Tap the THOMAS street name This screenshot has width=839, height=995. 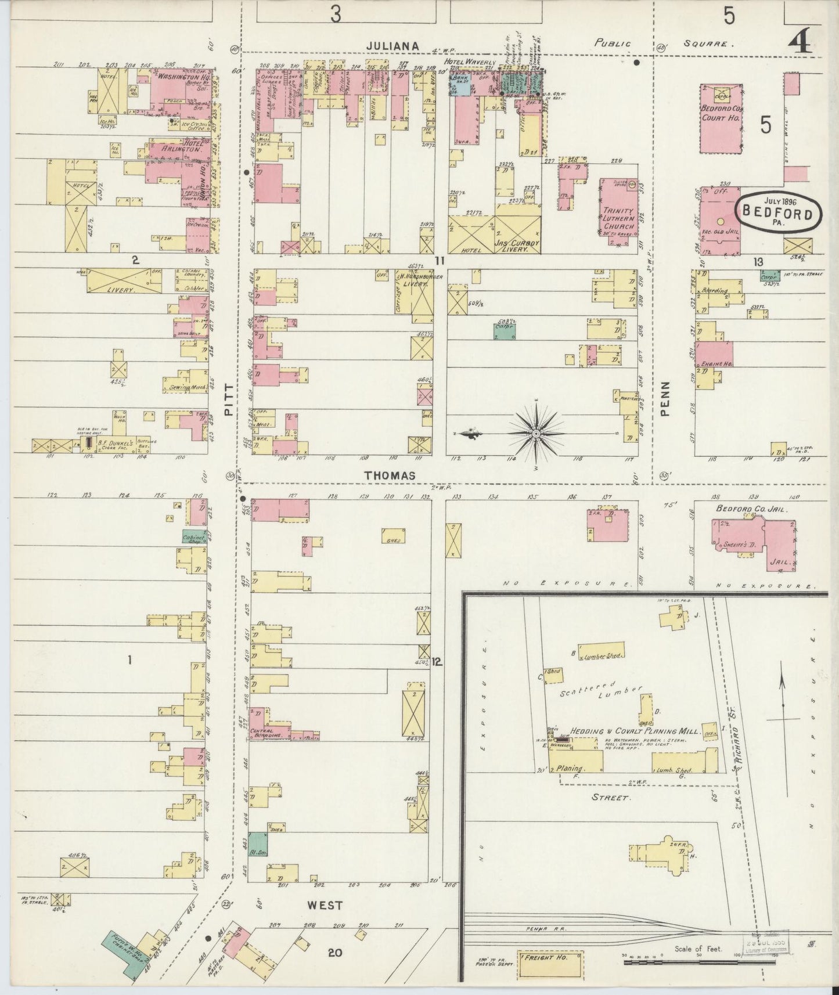(390, 475)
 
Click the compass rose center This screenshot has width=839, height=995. (535, 434)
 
